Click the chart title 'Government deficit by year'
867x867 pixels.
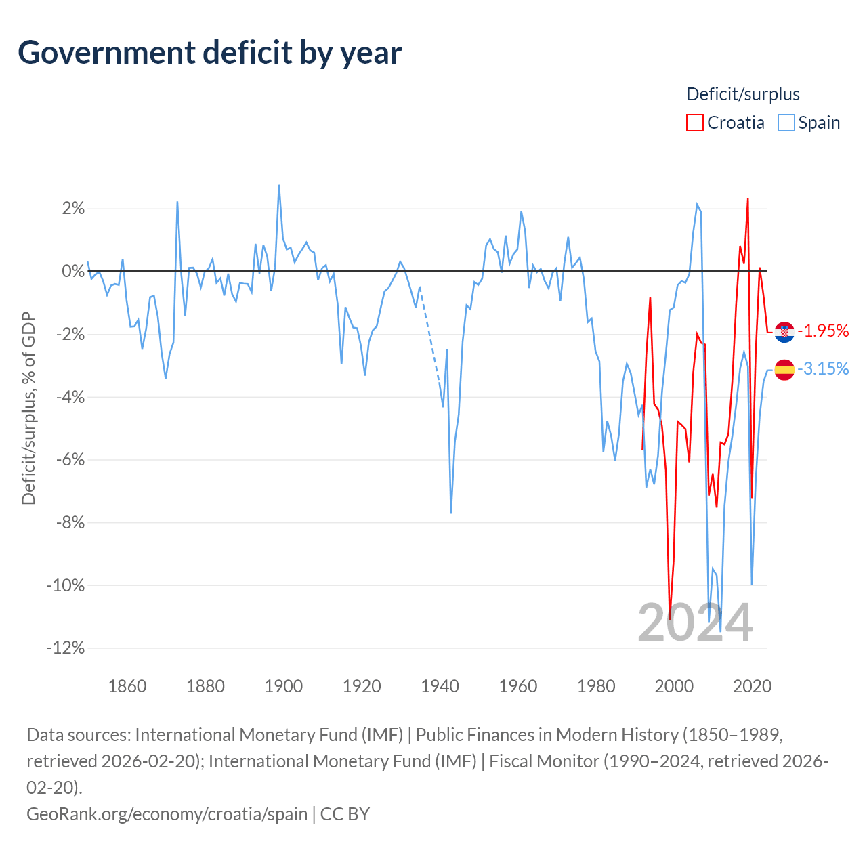209,54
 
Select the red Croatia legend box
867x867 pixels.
694,123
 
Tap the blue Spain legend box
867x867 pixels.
786,123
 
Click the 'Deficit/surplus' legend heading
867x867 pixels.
742,94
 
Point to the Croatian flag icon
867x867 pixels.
784,332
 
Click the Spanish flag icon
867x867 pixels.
784,370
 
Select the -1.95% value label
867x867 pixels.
823,331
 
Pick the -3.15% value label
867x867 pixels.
823,368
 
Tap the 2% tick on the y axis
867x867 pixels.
73,209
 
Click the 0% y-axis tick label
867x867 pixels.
73,272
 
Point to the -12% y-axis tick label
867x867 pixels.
66,648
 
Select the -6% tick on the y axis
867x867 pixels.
70,460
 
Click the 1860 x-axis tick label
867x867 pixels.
127,686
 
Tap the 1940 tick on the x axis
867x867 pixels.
440,686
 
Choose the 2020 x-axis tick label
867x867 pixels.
752,686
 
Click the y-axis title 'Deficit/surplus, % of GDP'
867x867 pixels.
28,408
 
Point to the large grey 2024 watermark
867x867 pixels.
695,623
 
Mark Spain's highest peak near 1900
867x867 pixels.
279,186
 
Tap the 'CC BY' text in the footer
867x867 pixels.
345,814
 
